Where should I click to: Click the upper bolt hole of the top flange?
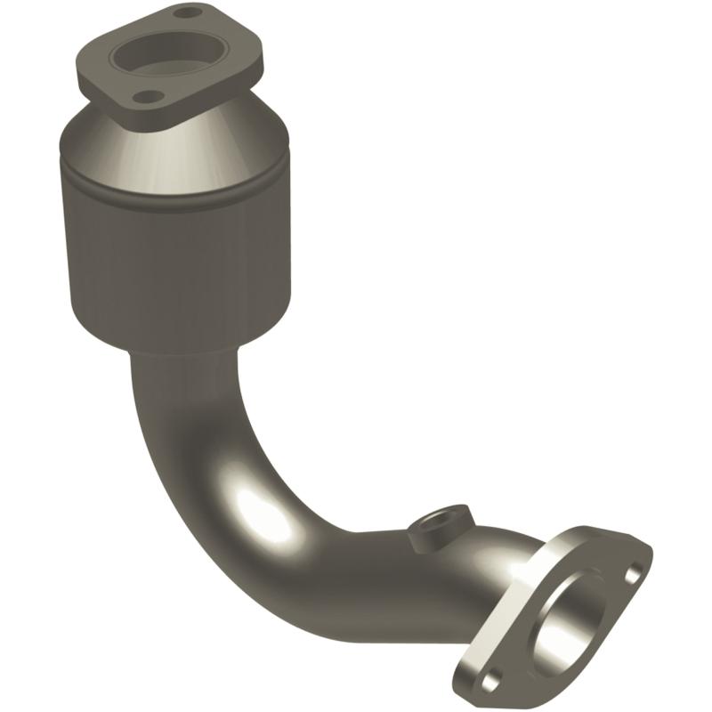pyautogui.click(x=185, y=14)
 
